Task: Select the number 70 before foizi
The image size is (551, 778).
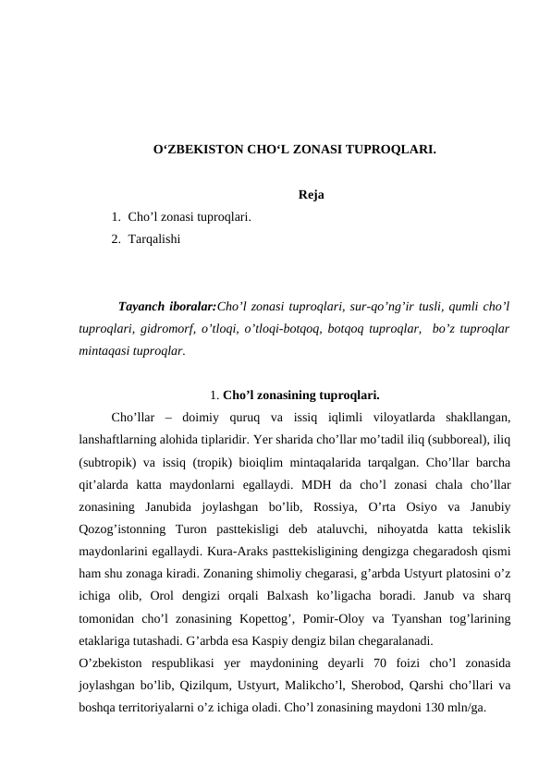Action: click(x=376, y=663)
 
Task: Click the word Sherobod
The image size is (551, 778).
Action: click(x=369, y=685)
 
